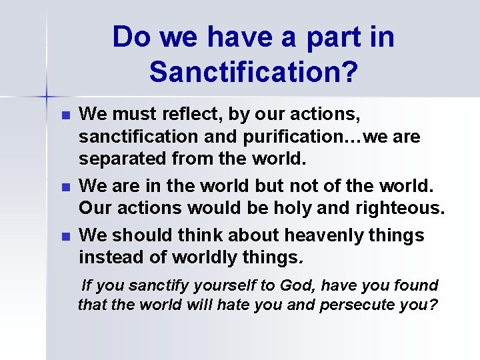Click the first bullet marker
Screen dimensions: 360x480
coord(65,115)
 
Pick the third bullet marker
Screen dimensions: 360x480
coord(65,237)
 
